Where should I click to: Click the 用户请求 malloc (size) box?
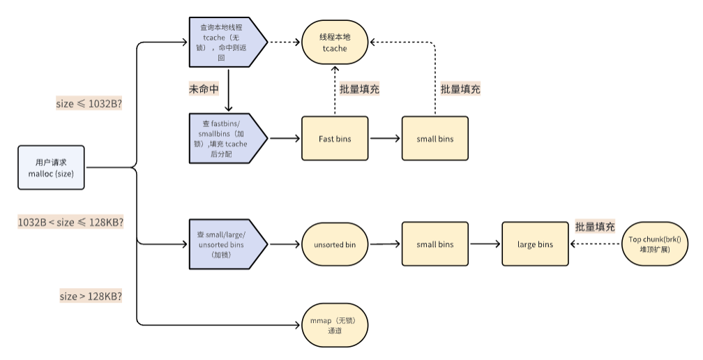(52, 167)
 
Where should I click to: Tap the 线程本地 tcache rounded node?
(334, 42)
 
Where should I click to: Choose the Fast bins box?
(335, 139)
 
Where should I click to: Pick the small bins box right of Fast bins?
(435, 139)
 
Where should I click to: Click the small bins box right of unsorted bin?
(435, 244)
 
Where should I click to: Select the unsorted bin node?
(334, 244)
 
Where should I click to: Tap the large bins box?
(535, 244)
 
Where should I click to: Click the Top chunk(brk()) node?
(654, 244)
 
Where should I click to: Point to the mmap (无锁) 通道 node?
(334, 325)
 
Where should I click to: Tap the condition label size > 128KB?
(91, 296)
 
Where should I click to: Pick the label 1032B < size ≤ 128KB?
(70, 222)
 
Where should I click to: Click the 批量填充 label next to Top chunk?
(595, 227)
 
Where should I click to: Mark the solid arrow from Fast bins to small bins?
(385, 139)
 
